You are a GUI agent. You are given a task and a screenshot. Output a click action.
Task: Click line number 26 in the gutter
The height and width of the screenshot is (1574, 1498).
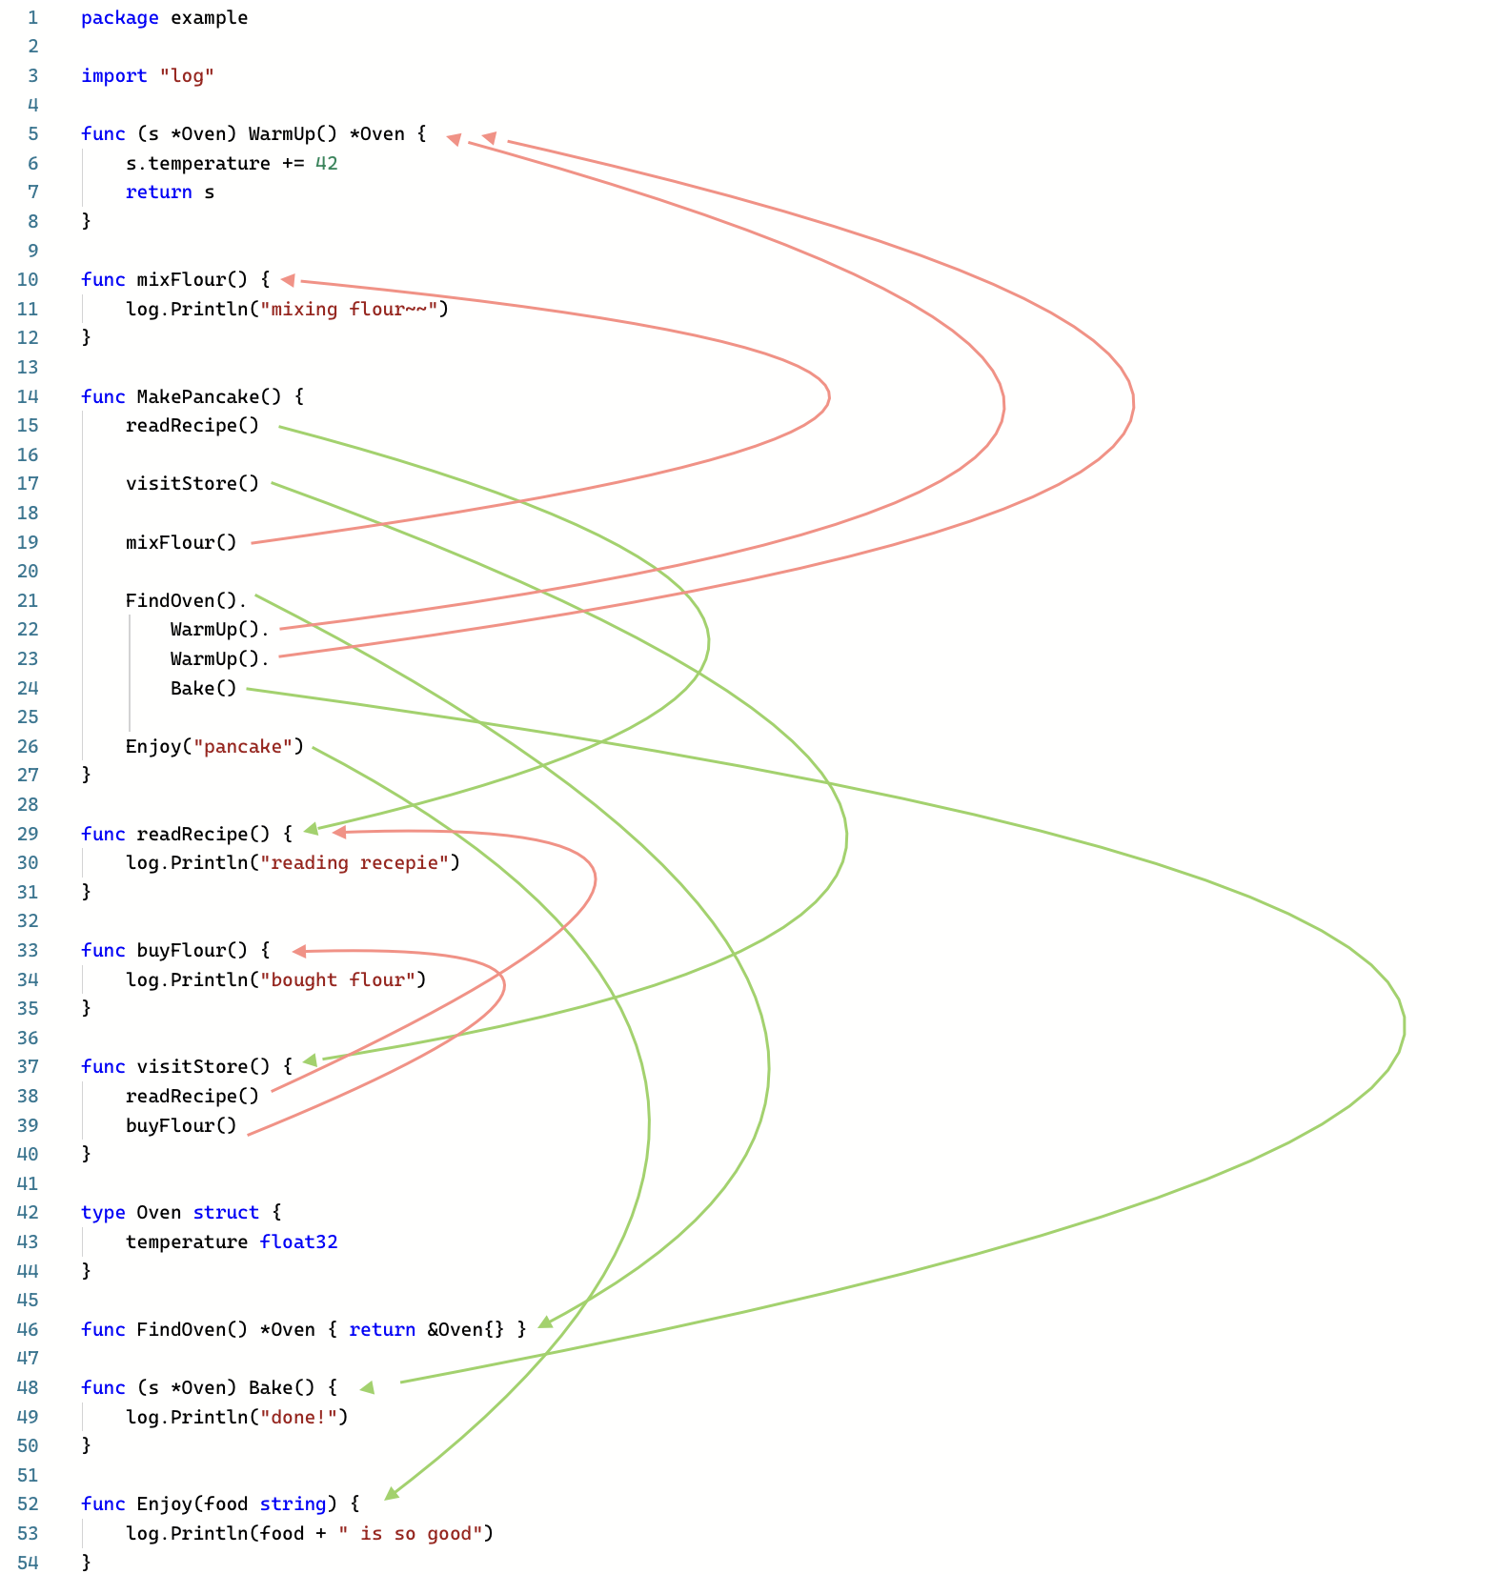tap(28, 746)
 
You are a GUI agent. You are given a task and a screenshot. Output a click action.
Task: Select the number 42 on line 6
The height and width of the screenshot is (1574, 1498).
tap(326, 163)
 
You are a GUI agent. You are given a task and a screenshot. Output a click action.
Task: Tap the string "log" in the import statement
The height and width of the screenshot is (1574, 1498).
tap(187, 75)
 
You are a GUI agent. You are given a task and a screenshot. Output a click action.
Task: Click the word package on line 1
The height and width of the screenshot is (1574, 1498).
tap(119, 17)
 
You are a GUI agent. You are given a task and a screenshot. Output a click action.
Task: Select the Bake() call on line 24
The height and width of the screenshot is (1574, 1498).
tap(203, 688)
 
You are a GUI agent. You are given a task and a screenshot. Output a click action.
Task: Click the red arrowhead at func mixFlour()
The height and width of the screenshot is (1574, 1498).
tap(288, 280)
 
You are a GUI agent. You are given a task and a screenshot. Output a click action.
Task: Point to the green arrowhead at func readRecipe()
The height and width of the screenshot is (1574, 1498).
tap(311, 830)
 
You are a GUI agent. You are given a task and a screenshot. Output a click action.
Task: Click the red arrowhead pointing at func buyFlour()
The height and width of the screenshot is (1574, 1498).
tap(299, 951)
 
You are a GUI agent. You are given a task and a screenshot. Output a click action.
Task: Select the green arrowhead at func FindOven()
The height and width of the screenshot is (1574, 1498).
tap(545, 1322)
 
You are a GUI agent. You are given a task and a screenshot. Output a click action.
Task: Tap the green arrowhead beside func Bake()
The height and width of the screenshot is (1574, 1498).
tap(368, 1387)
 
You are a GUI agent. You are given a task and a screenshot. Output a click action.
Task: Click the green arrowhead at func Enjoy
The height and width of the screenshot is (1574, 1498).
tap(392, 1493)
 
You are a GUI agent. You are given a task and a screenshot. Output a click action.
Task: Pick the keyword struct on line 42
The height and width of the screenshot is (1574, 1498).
tap(226, 1212)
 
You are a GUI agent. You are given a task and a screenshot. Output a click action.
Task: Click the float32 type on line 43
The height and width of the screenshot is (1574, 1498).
tap(298, 1241)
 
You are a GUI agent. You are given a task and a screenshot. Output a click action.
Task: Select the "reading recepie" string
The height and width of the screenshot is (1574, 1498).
tap(359, 862)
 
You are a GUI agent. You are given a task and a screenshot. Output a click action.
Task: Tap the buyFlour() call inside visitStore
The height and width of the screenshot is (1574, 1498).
tap(181, 1125)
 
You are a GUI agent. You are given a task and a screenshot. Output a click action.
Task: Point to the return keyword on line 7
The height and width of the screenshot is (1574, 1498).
tap(158, 192)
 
